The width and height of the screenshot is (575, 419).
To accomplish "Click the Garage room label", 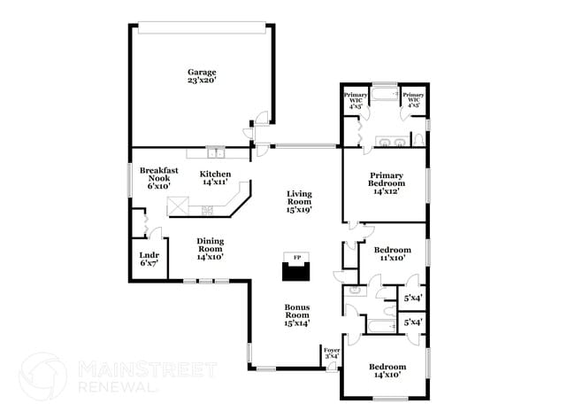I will click(202, 77).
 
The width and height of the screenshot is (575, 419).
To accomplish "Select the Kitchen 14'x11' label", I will click(215, 177).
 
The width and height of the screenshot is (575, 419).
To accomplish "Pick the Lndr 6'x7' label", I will click(148, 259).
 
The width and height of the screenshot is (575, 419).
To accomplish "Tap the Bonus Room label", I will click(296, 315).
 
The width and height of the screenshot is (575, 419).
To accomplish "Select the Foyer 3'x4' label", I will click(332, 354).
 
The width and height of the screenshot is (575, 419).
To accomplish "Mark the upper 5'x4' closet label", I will click(413, 298).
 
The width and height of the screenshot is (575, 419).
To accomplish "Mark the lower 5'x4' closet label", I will click(413, 323).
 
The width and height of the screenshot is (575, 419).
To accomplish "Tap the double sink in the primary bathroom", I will click(390, 141).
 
